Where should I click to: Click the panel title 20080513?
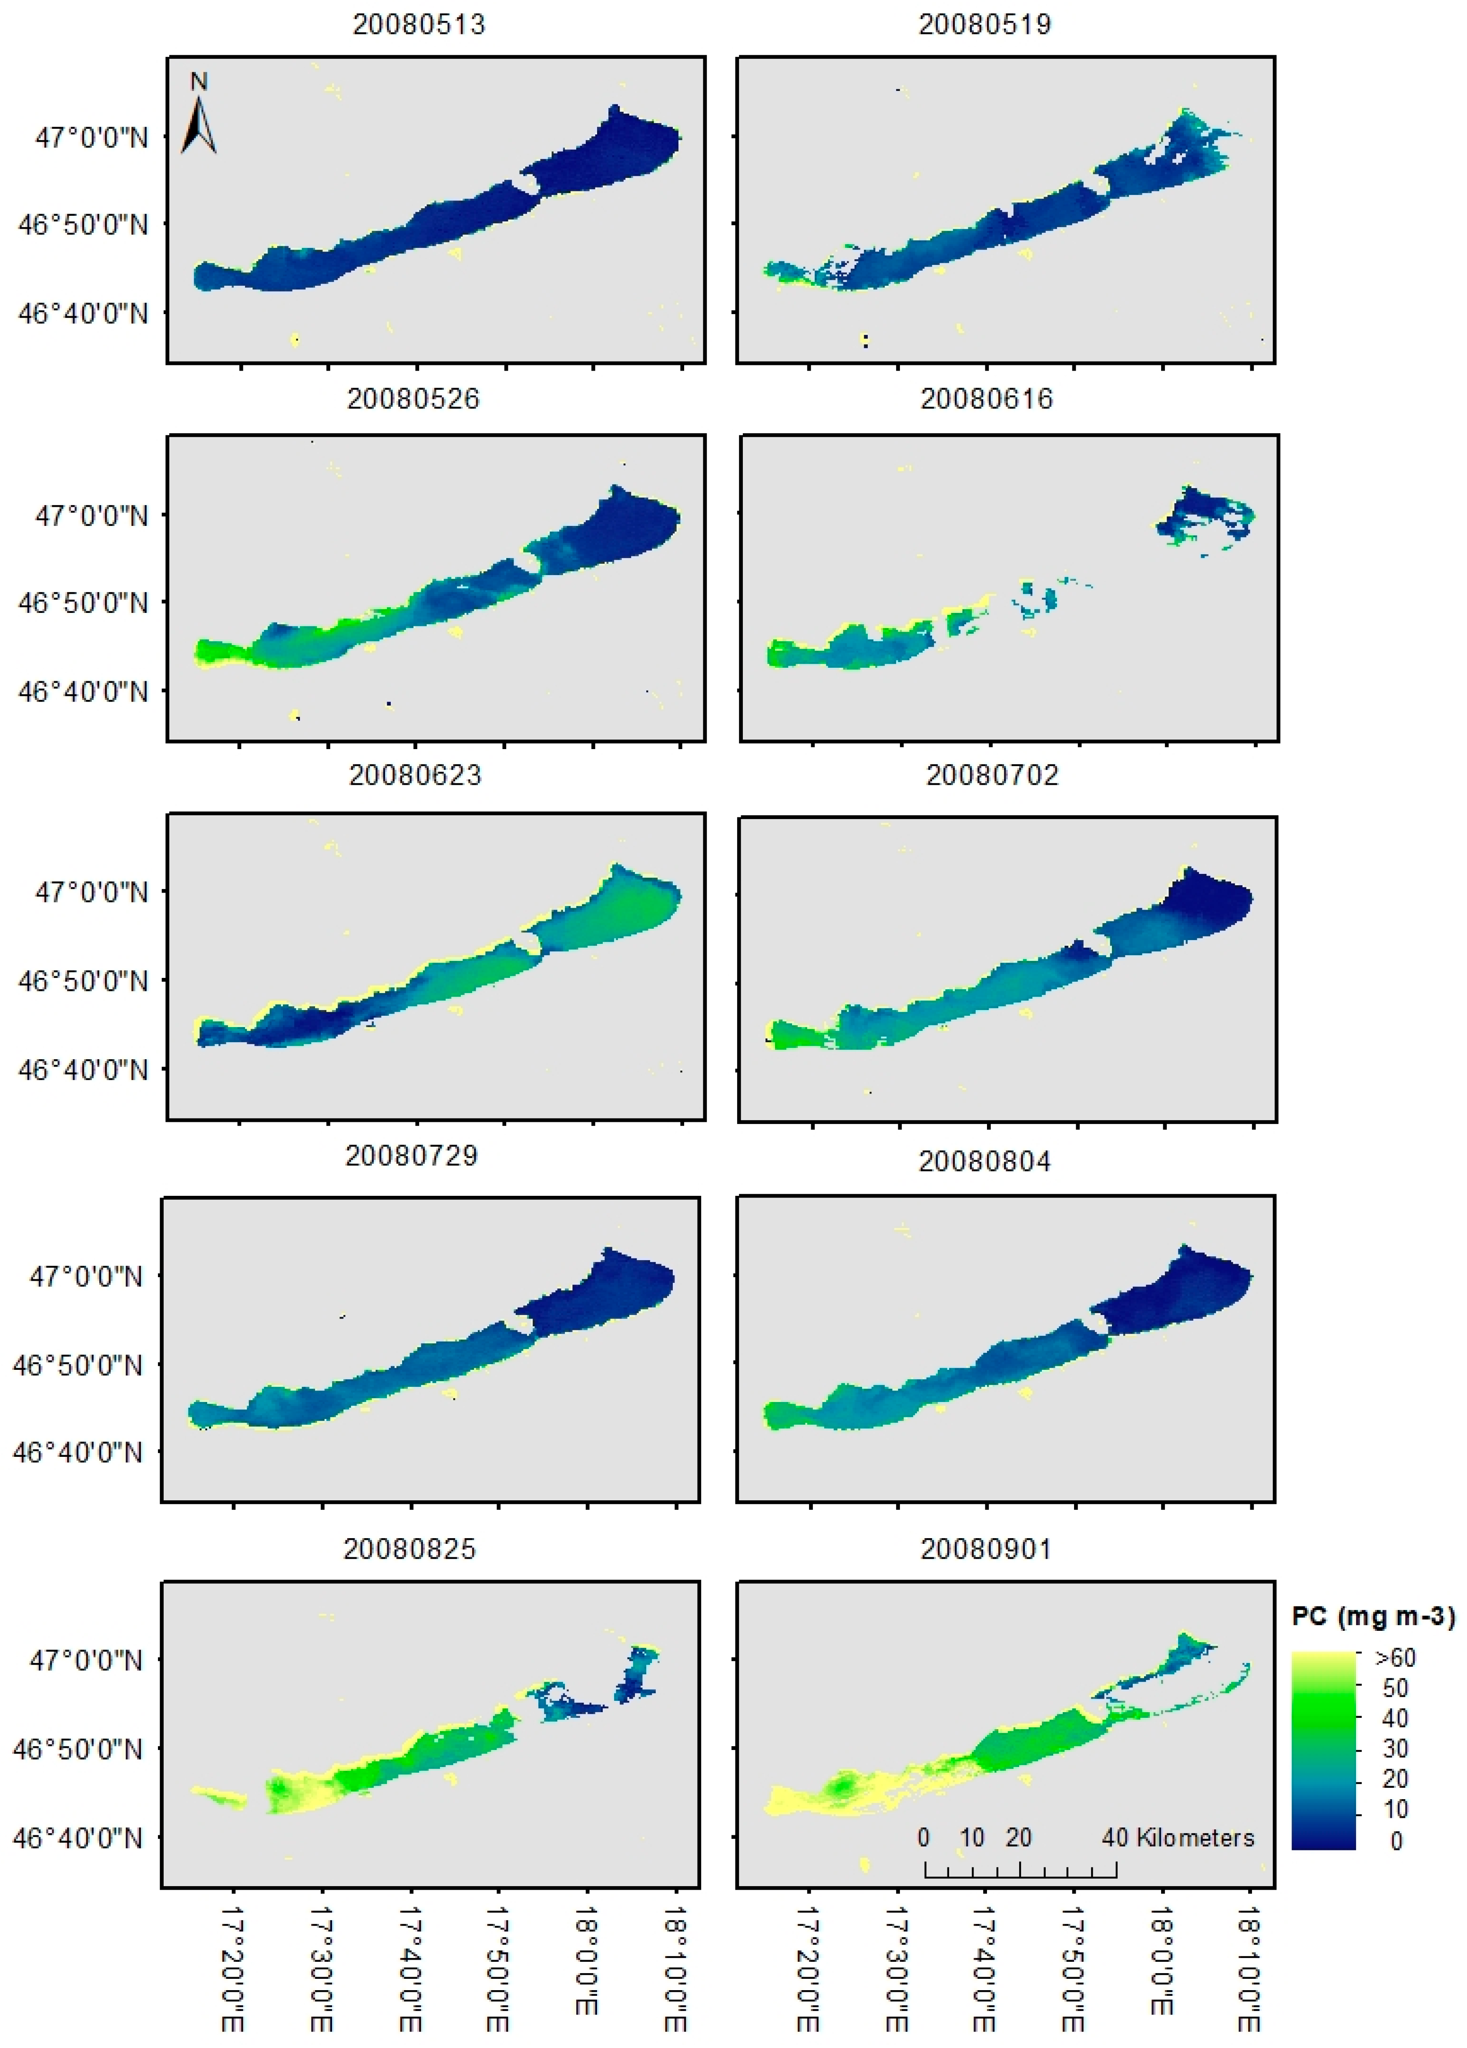pos(418,24)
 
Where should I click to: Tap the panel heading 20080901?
pos(986,1549)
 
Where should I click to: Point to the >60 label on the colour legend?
pos(1395,1658)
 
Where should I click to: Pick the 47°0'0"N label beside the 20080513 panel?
pos(91,138)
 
